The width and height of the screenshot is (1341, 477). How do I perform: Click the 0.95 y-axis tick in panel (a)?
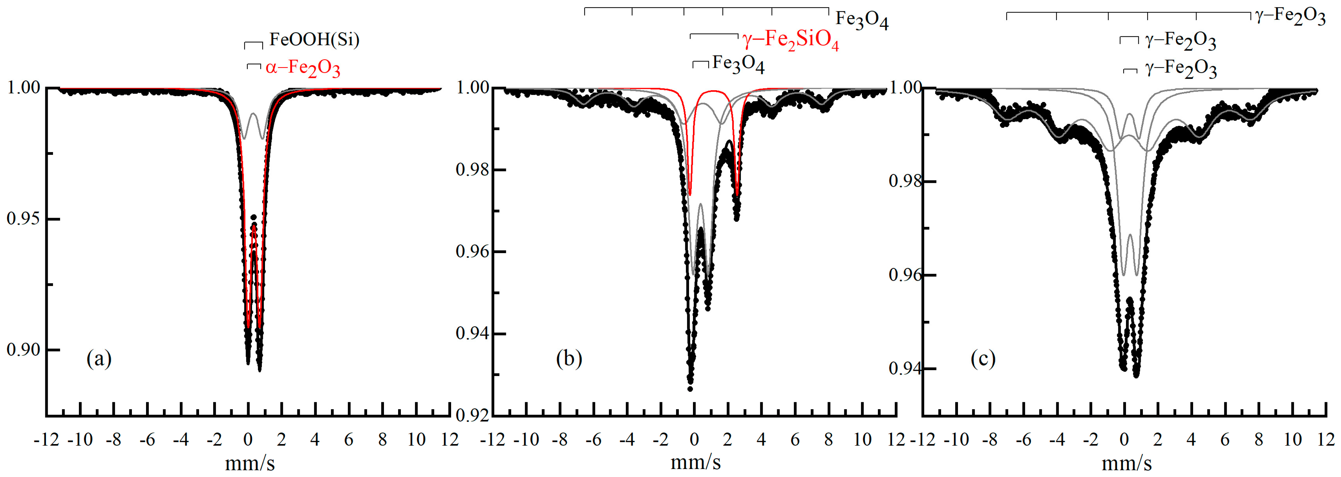click(x=23, y=218)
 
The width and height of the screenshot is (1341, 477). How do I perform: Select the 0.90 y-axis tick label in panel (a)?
click(x=23, y=350)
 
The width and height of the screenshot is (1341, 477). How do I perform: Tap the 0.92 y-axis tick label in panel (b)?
click(x=473, y=416)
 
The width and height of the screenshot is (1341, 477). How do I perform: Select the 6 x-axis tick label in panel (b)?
click(x=795, y=440)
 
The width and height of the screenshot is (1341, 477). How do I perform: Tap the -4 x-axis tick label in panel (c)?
click(x=1057, y=440)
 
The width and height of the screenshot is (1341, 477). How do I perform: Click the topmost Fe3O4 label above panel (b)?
click(x=862, y=19)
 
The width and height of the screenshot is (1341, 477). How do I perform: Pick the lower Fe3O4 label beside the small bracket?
click(x=738, y=64)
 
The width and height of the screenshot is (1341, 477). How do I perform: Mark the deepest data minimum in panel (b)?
click(x=690, y=388)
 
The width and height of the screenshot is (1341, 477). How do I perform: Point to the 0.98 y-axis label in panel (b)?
click(x=473, y=170)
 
